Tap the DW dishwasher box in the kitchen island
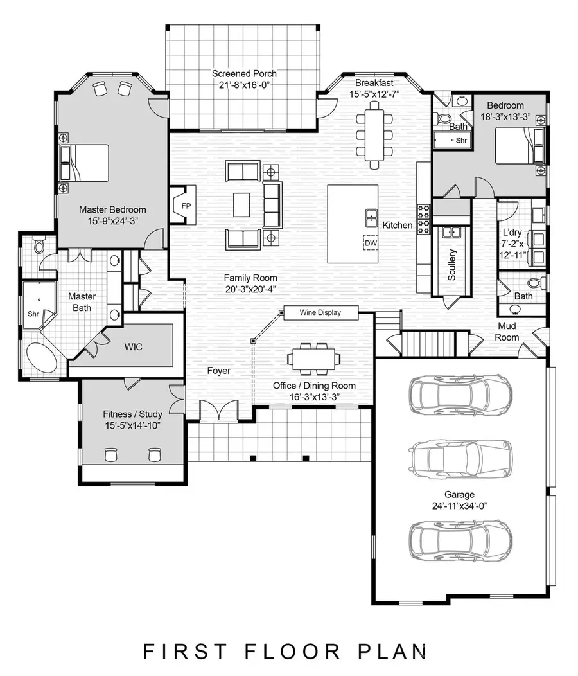coord(371,244)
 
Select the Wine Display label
coord(319,312)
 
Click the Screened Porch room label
coord(244,74)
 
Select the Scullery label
coord(452,264)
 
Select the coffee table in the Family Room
coord(242,205)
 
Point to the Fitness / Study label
coord(132,414)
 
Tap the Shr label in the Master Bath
coord(33,314)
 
